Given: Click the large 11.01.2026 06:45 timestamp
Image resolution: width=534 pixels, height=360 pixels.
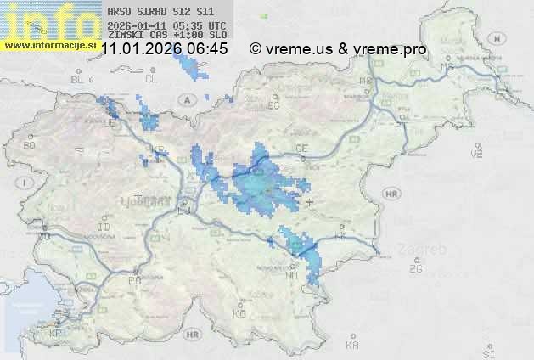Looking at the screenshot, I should tap(164, 49).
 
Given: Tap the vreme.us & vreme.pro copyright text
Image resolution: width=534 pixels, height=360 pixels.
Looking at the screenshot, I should tap(338, 49).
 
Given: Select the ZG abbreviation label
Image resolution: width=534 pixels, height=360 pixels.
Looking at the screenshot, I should tap(416, 269).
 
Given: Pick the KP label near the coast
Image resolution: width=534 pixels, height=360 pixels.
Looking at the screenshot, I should tap(56, 334).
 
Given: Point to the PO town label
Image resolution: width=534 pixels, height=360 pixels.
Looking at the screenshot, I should tap(133, 280).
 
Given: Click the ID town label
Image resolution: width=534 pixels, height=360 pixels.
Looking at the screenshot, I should tap(104, 228).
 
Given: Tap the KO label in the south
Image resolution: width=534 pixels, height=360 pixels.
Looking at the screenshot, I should tap(239, 314).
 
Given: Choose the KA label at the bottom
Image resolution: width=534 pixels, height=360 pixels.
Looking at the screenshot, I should tap(352, 346).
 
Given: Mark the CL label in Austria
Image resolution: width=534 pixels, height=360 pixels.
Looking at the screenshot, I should tap(152, 79).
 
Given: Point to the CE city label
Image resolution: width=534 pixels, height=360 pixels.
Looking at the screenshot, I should tap(301, 149).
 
